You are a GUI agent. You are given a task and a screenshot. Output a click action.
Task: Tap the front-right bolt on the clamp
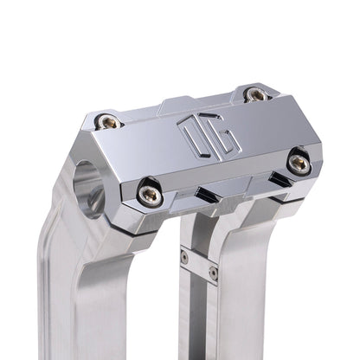pos(298,160)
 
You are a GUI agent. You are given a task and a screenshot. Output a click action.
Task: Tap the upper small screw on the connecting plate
pos(183,257)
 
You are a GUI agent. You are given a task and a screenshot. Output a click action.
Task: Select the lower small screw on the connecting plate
pos(212,273)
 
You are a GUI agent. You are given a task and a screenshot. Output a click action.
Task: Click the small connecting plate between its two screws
pos(198,265)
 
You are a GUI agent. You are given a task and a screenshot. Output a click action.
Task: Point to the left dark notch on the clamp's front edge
pos(209,191)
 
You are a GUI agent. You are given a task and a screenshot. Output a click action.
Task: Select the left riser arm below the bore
pos(78,286)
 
